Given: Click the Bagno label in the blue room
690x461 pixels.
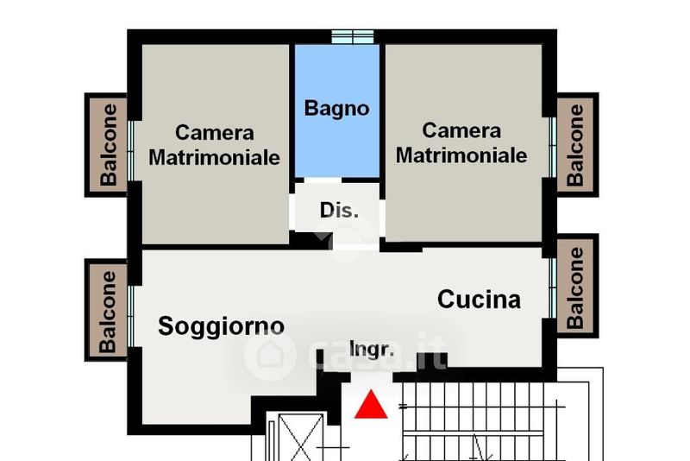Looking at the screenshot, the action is click(336, 109).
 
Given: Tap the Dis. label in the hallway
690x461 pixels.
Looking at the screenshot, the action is click(339, 211).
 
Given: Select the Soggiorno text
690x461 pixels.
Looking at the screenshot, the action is click(222, 326).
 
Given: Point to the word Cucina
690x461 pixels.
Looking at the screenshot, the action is click(479, 300).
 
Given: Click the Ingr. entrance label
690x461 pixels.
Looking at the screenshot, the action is click(372, 349).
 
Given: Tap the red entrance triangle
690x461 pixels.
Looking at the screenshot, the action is click(371, 404).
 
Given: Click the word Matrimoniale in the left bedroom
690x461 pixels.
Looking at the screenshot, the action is click(214, 157).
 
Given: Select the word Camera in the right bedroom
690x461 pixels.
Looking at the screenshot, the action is click(461, 130).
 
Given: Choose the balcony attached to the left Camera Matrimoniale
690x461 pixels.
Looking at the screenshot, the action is click(106, 145).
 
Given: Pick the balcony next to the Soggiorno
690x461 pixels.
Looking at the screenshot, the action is click(106, 310).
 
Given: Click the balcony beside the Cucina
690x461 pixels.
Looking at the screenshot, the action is click(578, 286).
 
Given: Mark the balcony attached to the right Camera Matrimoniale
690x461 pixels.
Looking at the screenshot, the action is click(578, 145).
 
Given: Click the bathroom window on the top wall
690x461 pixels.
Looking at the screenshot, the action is click(353, 37).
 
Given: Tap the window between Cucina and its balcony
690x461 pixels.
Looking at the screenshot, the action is click(553, 288).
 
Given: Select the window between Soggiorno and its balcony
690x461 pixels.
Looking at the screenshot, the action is click(131, 316).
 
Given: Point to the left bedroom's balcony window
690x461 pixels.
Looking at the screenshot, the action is click(131, 150).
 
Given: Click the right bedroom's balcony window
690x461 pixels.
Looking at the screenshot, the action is click(553, 148).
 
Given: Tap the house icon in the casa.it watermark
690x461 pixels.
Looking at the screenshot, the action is click(269, 355).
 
